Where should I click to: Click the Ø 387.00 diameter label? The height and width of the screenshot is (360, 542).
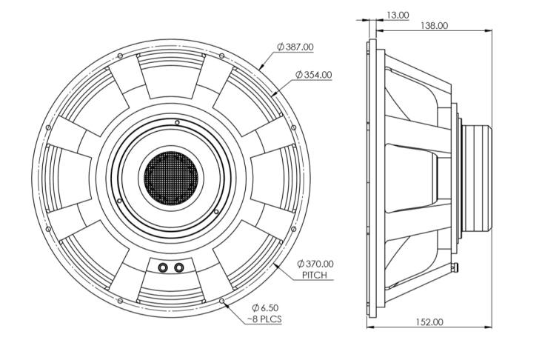(x=295, y=47)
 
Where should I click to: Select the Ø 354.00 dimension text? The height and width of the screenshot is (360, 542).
(x=313, y=75)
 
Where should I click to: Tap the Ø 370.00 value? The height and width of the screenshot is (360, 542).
(x=315, y=264)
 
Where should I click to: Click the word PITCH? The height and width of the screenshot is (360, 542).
(x=315, y=275)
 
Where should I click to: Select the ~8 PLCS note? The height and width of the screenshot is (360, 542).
(x=264, y=319)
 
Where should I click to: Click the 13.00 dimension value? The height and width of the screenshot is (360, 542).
(x=397, y=14)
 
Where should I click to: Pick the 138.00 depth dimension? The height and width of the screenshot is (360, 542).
(x=433, y=26)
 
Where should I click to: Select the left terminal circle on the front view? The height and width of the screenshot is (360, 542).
(x=163, y=267)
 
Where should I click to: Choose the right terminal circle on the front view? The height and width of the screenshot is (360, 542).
(x=178, y=267)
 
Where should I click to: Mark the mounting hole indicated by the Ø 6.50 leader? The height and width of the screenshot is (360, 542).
(x=223, y=300)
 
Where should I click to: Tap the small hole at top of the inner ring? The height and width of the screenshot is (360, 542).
(x=176, y=122)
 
